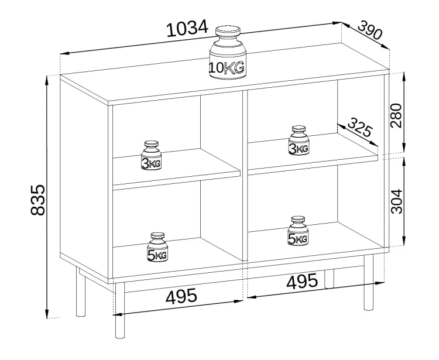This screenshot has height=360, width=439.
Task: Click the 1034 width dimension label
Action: pyautogui.click(x=187, y=28)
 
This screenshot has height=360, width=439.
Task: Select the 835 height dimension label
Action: pyautogui.click(x=37, y=200)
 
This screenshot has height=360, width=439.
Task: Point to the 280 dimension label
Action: pyautogui.click(x=396, y=115)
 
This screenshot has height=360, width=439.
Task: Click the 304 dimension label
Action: pyautogui.click(x=396, y=201)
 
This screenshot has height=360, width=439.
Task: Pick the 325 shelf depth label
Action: pyautogui.click(x=360, y=127)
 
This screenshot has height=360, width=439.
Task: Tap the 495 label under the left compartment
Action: pyautogui.click(x=181, y=296)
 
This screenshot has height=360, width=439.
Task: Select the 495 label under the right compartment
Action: pyautogui.click(x=302, y=281)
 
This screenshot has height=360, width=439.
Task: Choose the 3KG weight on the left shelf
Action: pyautogui.click(x=151, y=155)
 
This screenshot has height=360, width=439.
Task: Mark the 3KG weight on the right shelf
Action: pyautogui.click(x=298, y=140)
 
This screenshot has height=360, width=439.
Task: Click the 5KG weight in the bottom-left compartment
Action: pyautogui.click(x=157, y=247)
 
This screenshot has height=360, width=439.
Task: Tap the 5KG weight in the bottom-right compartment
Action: pyautogui.click(x=297, y=231)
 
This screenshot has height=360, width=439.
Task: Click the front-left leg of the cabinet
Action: pyautogui.click(x=120, y=310)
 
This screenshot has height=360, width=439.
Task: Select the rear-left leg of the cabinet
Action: pyautogui.click(x=80, y=292)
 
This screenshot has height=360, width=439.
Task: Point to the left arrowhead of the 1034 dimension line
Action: pyautogui.click(x=65, y=53)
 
